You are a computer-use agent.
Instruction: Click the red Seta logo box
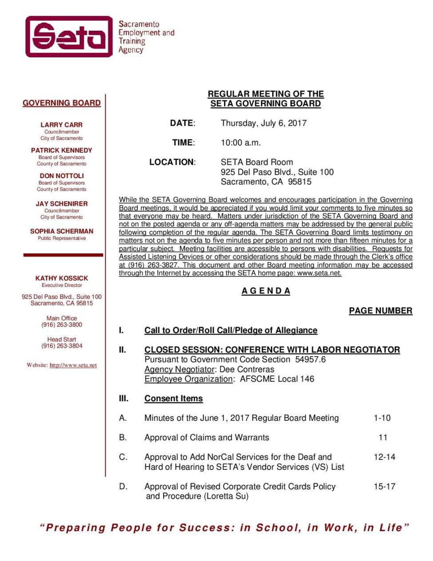pos(69,37)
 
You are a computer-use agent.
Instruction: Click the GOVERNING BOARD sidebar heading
pos(62,103)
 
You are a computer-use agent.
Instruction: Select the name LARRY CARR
pos(62,125)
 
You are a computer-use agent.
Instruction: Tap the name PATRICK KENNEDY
pos(62,150)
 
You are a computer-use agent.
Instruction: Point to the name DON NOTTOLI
pos(62,176)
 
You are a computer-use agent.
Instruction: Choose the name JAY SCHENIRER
pos(62,203)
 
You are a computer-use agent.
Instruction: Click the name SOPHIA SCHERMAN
pos(62,231)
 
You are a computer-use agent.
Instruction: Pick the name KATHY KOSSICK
pos(62,278)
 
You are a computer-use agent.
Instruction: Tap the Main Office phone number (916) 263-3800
pos(62,325)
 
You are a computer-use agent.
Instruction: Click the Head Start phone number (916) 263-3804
pos(62,346)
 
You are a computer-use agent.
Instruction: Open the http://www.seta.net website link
pos(73,365)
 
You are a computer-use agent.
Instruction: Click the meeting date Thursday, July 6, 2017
pos(264,123)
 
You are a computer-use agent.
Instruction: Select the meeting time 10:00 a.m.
pos(241,143)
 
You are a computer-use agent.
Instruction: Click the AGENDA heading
pos(266,291)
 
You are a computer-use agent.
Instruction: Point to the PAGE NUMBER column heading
pos(381,311)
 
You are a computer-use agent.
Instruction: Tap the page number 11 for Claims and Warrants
pos(383,438)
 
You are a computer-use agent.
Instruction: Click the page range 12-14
pos(385,457)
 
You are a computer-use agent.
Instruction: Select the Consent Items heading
pos(173,398)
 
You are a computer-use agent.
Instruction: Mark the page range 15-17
pos(385,487)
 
